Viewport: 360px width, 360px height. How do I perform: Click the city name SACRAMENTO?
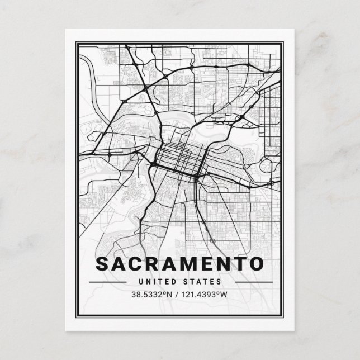click(179, 263)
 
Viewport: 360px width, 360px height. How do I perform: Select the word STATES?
click(205, 282)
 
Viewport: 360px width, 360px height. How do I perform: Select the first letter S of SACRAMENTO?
click(103, 263)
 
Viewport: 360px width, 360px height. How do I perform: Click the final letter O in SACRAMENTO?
click(256, 263)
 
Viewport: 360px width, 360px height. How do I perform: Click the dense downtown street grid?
click(176, 156)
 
